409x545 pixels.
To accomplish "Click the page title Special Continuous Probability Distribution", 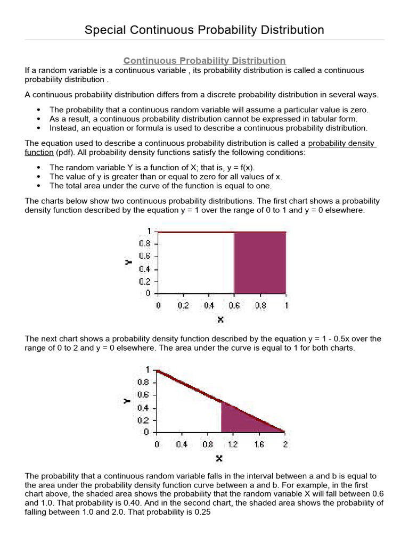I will [204, 30].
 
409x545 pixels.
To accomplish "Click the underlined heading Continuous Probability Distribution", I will [204, 61].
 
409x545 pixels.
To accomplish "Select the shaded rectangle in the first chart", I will [260, 263].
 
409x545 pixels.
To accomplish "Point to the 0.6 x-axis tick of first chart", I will [235, 305].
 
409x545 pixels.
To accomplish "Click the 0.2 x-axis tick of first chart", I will [183, 305].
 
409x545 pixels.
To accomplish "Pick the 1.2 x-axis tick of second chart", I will [233, 444].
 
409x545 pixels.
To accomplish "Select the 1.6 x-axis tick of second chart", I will [259, 444].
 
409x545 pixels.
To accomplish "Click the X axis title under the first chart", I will [220, 319].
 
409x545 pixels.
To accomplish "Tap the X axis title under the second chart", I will [219, 458].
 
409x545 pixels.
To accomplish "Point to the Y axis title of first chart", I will [128, 262].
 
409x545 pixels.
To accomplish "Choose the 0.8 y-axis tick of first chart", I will [145, 243].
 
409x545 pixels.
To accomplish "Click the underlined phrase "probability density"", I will [342, 144].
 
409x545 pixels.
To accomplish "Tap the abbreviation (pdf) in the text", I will [65, 152].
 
